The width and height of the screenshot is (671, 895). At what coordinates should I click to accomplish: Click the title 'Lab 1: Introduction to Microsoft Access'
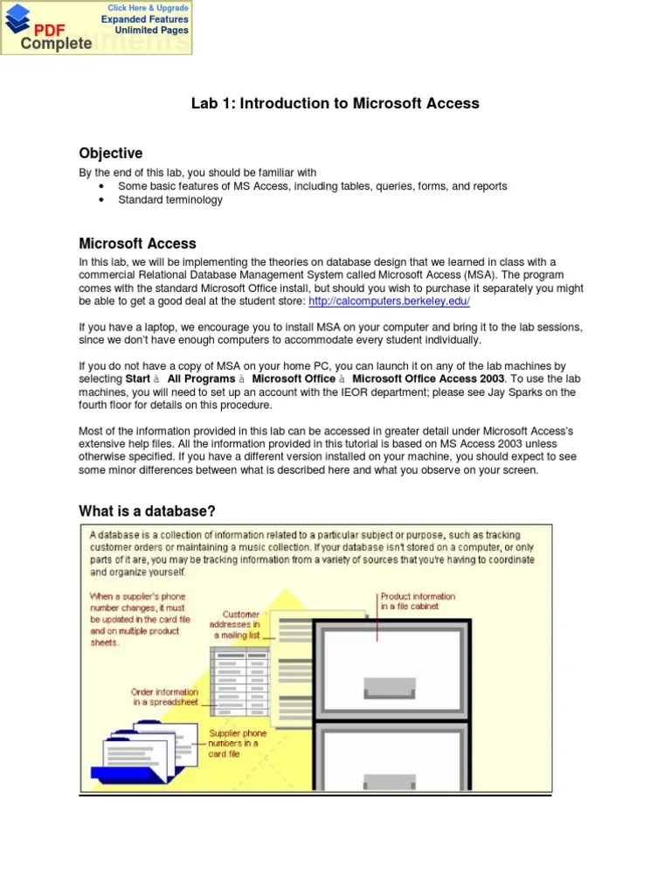tap(335, 103)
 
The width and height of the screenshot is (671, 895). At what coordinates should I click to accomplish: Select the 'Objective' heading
tap(111, 154)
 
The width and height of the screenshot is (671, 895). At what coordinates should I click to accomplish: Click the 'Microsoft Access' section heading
tap(137, 244)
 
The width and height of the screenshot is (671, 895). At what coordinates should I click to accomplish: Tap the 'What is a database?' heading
tap(147, 511)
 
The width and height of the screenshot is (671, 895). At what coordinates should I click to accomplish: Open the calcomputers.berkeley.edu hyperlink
tap(390, 301)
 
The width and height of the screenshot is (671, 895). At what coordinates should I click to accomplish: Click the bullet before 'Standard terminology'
tap(103, 200)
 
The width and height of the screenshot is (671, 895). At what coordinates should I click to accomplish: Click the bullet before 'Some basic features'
tap(103, 187)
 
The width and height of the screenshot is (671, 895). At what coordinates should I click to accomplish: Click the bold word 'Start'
tap(138, 379)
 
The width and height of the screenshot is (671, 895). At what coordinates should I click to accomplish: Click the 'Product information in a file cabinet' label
tap(418, 601)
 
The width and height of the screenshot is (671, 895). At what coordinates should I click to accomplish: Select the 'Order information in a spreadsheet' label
tap(165, 697)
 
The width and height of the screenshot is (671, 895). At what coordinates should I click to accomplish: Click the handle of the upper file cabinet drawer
tap(391, 687)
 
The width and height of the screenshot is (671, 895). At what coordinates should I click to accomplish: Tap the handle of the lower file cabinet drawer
tap(391, 781)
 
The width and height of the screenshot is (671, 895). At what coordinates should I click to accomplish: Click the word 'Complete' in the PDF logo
tap(56, 43)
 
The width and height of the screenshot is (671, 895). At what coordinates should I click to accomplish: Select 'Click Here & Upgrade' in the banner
tap(147, 8)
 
